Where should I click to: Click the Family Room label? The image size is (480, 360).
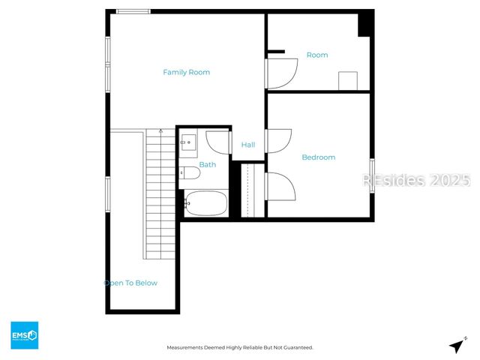click(186, 72)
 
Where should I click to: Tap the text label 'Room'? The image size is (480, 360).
click(316, 55)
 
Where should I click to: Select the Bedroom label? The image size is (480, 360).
click(318, 157)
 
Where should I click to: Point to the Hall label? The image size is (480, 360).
click(247, 145)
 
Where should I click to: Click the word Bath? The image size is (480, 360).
click(207, 164)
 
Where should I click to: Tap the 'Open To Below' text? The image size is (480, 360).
click(130, 283)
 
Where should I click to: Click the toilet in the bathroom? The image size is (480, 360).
click(190, 174)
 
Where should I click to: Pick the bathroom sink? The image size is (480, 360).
click(187, 139)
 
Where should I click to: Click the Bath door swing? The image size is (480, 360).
click(217, 142)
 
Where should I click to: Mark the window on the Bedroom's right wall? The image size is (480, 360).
click(371, 176)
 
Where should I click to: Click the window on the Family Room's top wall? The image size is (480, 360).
click(133, 11)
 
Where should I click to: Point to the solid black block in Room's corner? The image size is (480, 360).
click(364, 24)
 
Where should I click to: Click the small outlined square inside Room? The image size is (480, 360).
click(348, 81)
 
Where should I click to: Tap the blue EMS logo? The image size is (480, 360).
click(24, 334)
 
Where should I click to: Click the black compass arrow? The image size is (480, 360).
click(456, 346)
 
